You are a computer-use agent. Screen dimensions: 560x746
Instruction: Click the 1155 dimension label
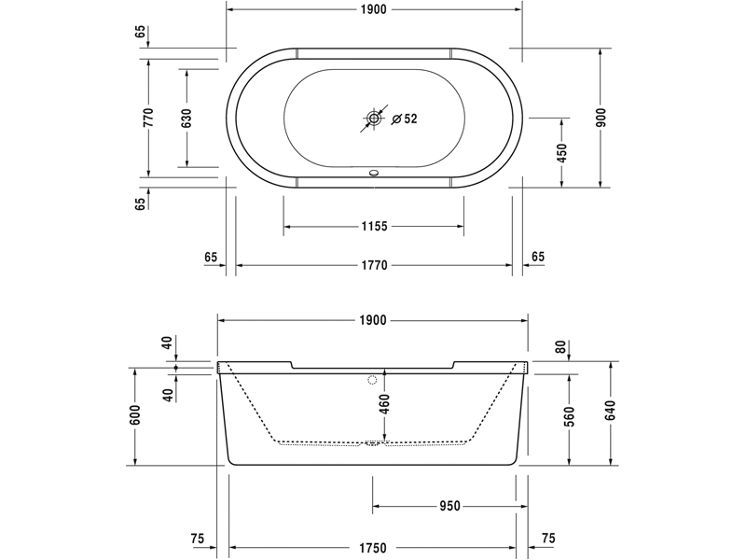tap(373, 227)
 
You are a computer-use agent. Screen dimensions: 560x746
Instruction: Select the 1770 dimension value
tap(373, 265)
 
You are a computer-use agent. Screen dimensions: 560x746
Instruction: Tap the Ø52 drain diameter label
tap(404, 119)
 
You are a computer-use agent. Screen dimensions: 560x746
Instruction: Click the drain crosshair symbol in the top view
tap(374, 119)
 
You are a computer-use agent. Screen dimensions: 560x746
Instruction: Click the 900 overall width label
tap(601, 118)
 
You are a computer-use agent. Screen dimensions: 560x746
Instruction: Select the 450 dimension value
tap(562, 152)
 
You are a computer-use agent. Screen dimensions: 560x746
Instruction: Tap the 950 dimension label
tap(449, 507)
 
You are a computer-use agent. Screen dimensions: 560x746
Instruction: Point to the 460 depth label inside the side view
tap(384, 404)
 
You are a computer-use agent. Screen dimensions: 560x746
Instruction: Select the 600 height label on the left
tap(135, 415)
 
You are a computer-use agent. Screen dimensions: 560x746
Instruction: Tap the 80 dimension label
tap(560, 346)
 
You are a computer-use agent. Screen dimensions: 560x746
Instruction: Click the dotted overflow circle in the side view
tap(374, 380)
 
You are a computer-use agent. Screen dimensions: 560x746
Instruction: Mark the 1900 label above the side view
tap(373, 320)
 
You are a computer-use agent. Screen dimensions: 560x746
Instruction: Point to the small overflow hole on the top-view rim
tap(374, 172)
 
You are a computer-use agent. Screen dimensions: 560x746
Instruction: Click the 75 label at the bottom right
tap(548, 539)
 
